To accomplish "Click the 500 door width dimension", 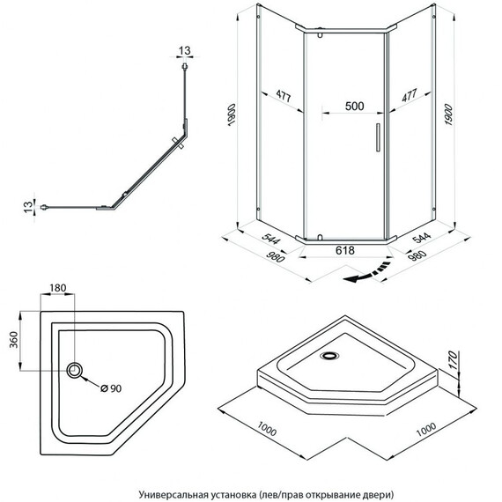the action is [354, 106].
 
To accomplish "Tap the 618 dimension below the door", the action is [345, 250].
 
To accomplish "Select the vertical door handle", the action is [378, 137].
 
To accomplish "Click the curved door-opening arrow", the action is [367, 273].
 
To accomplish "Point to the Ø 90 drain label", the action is [111, 388].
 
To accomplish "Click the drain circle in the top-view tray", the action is [74, 371].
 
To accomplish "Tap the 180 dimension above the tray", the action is [57, 288].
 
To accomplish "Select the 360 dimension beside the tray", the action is [14, 340].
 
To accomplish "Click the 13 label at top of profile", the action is [184, 50].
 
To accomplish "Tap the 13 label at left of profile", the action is [28, 206].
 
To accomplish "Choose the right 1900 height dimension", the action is [448, 114].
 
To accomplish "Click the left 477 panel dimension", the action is [284, 96].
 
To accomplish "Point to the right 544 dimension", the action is [421, 238].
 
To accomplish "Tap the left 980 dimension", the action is [275, 255].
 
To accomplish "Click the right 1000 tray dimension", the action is [426, 430].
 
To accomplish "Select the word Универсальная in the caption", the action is [172, 495].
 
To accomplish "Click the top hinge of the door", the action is [320, 33].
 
